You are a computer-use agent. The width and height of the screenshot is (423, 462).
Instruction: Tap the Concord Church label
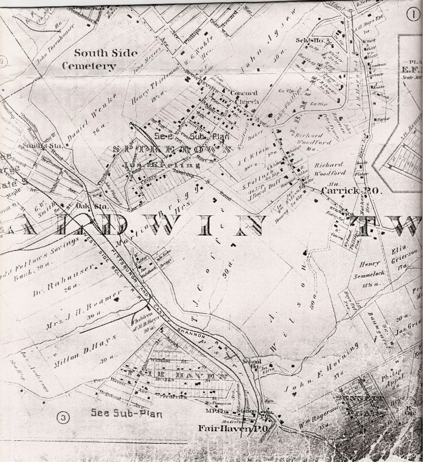[244, 97]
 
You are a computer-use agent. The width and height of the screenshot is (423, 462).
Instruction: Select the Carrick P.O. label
[342, 190]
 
